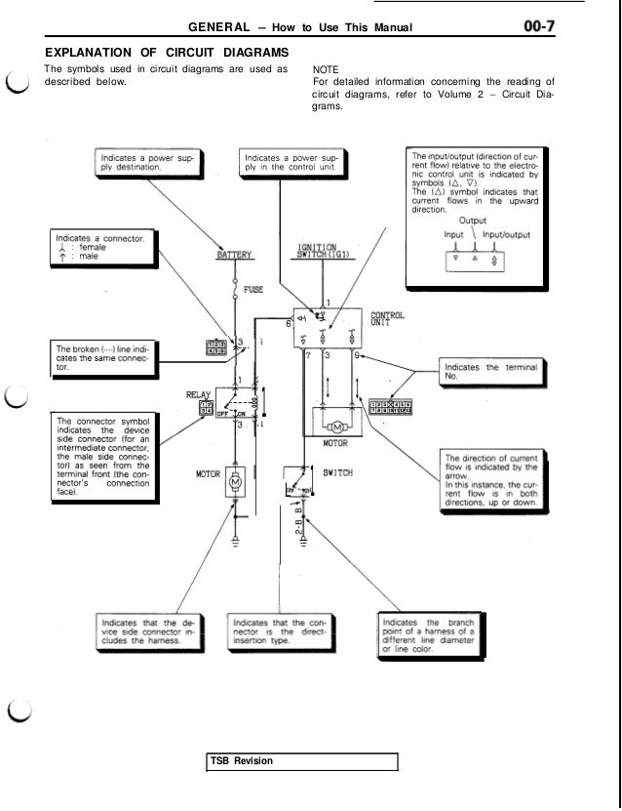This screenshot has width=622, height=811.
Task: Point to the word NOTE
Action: (x=325, y=70)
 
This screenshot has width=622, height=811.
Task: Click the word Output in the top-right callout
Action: (x=474, y=221)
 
